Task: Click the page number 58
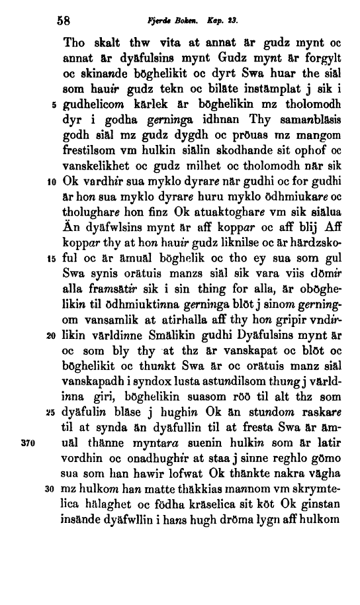68,20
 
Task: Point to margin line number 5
52,105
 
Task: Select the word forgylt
318,57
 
